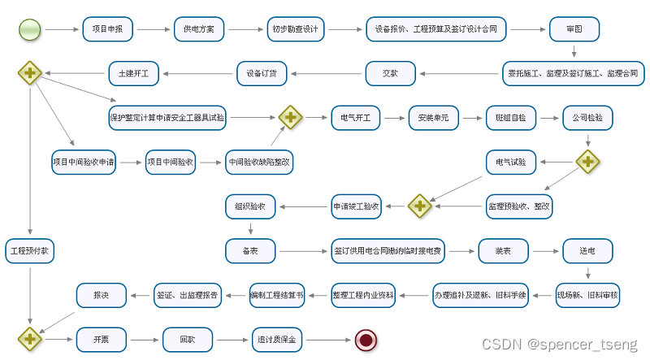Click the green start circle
click(x=30, y=30)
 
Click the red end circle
click(x=366, y=339)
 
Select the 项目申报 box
click(x=107, y=30)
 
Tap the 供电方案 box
click(x=199, y=30)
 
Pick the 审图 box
click(x=574, y=30)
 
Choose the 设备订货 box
click(x=262, y=73)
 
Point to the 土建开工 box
click(x=134, y=73)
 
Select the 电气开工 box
click(x=356, y=118)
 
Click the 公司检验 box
click(x=587, y=118)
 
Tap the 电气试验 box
click(x=511, y=162)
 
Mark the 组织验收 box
click(x=250, y=206)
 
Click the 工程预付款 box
click(x=30, y=251)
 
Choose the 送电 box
click(x=587, y=251)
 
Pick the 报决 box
click(x=101, y=295)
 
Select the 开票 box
click(x=101, y=339)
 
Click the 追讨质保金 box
click(x=276, y=339)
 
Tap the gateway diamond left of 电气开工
click(x=290, y=118)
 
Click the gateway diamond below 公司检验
click(x=587, y=162)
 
